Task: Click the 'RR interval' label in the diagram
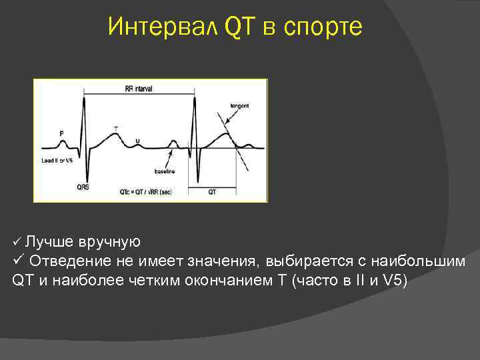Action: click(x=139, y=89)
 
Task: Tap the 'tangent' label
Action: click(x=239, y=106)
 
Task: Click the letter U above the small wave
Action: click(x=137, y=141)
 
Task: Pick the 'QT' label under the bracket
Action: click(x=212, y=191)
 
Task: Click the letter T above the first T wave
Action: click(x=116, y=127)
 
